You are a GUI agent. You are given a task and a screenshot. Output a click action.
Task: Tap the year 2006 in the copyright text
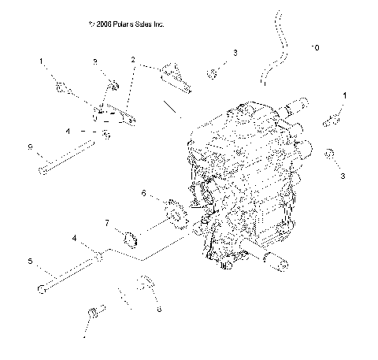point(102,25)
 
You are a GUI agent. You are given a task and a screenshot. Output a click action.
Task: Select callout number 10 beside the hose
point(315,48)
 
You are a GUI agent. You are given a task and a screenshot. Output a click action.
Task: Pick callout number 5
point(30,261)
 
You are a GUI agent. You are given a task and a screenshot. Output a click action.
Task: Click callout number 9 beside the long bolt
point(30,147)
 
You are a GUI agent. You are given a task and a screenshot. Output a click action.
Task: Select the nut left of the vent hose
point(213,74)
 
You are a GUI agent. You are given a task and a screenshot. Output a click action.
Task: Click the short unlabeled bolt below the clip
point(95,314)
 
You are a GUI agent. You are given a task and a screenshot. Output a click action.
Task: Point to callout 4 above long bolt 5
point(74,237)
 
